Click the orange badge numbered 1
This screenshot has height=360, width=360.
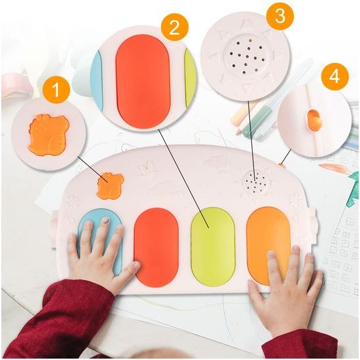[56, 90]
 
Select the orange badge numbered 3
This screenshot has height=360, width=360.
[279, 15]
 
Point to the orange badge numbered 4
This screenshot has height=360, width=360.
[334, 76]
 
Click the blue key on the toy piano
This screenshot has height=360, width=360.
[100, 242]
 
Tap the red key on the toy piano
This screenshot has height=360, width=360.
[156, 247]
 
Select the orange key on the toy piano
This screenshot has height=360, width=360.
[268, 245]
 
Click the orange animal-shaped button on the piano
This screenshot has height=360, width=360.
[111, 186]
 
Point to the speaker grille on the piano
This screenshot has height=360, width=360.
[255, 181]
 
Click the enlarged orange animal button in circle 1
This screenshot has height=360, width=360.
[48, 135]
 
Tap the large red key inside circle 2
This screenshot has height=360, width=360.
[143, 82]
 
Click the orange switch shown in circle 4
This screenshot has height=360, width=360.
[313, 120]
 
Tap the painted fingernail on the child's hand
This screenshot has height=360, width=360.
[106, 221]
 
